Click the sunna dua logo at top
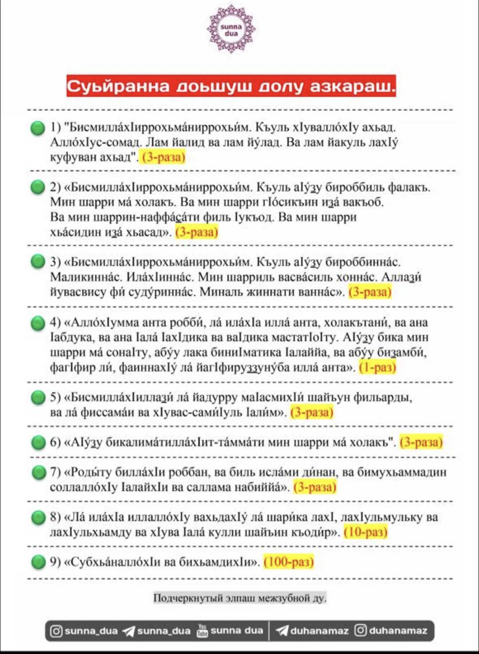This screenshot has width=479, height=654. coord(231,29)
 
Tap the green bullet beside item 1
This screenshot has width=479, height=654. coord(38,128)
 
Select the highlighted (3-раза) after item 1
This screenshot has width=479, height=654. coord(163,157)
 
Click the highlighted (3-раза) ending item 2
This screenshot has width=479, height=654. coord(197,232)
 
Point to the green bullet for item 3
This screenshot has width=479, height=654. coord(38,262)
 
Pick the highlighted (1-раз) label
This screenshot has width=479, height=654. coord(377,367)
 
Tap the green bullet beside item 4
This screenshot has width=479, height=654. coord(38,323)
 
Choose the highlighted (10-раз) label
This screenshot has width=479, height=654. coord(365,532)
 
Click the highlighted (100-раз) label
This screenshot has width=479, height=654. coord(289,562)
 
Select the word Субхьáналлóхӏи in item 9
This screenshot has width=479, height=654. coord(116,562)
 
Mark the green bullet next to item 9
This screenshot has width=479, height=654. coord(39,562)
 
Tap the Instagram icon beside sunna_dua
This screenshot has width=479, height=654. coord(56,631)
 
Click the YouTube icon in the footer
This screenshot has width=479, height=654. coord(202,631)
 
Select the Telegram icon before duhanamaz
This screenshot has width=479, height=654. coord(282,631)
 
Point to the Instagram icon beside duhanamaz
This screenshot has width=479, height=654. coord(361,631)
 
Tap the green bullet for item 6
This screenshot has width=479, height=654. coord(39,442)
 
